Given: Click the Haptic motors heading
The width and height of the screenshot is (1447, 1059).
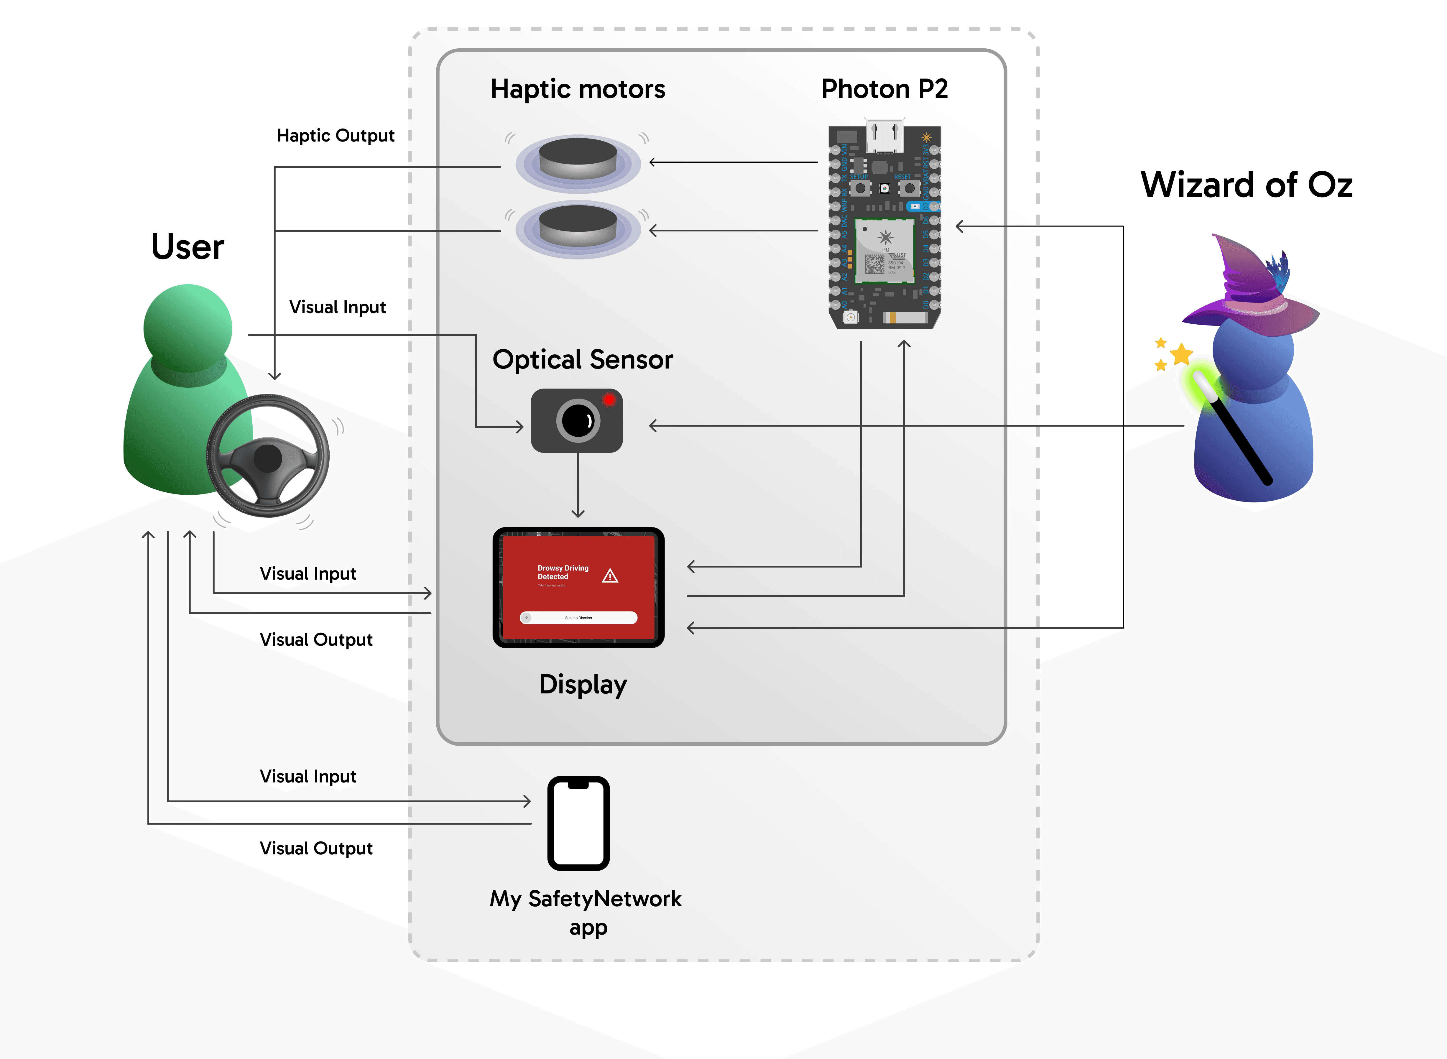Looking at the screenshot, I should pos(578,89).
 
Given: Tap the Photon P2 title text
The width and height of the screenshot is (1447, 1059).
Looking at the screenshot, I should pos(884,89).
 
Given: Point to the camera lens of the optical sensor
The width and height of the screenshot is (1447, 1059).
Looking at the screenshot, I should pos(578,421).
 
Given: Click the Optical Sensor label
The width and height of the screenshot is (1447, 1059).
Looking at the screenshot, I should pos(582,360).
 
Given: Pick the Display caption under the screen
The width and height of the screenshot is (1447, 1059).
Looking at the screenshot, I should pos(583,685).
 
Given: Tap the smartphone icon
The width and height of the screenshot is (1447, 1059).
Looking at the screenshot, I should pos(578,823).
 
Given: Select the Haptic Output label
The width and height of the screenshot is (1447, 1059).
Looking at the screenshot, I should pos(335,136).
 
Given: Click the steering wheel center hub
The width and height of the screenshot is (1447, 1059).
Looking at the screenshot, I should pos(267,458).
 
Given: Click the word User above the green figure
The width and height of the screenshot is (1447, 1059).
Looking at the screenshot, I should pos(187,247).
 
